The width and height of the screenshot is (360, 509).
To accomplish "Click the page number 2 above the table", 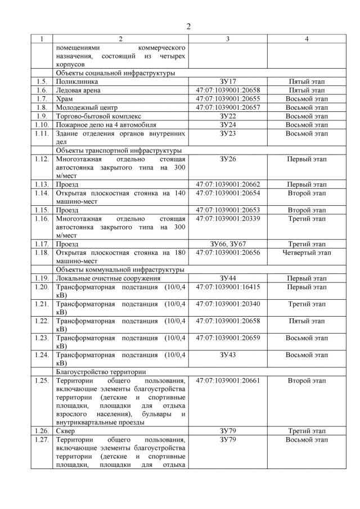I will pos(188,26).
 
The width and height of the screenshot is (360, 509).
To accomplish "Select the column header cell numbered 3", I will pos(227,39).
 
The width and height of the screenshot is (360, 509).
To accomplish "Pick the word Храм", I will pos(64,99).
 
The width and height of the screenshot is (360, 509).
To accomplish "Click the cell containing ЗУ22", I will pos(227,116).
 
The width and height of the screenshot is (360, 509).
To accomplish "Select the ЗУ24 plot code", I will pos(227,124).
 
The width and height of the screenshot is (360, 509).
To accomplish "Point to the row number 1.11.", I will pos(42,133).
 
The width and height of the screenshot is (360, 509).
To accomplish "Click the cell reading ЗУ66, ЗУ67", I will pos(227,244).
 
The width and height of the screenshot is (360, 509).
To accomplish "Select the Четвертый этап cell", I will pos(307,253).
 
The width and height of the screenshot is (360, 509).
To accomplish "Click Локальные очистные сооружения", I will pos(108,278).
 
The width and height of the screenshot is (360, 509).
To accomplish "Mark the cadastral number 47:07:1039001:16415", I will pos(227,287).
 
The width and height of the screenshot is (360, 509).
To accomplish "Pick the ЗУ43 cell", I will pos(227,355).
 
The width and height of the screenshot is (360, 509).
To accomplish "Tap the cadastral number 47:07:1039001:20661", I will pos(227,381).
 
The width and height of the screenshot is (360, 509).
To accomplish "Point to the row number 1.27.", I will pos(42,440).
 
